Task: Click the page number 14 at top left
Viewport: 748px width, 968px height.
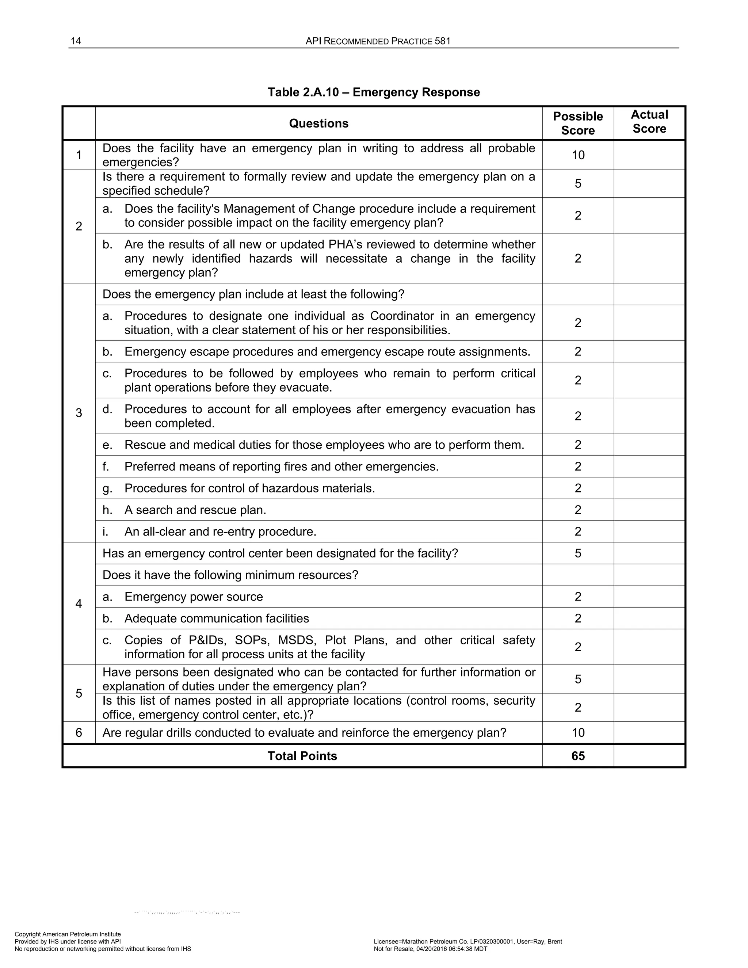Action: [x=76, y=41]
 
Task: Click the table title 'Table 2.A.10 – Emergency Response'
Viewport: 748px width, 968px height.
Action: [x=374, y=92]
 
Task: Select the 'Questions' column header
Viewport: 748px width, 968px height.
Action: [x=318, y=123]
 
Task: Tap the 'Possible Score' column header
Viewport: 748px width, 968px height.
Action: [x=578, y=123]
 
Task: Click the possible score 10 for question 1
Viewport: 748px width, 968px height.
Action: [x=578, y=155]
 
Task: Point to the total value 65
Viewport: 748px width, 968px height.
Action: [x=578, y=756]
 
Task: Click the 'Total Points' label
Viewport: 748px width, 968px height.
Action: [x=302, y=756]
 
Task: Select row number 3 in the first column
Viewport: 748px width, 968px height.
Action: [x=79, y=413]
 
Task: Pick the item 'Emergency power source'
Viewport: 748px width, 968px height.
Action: [x=194, y=597]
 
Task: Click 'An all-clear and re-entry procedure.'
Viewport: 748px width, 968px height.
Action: [x=220, y=531]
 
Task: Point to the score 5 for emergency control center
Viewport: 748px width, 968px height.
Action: [x=578, y=553]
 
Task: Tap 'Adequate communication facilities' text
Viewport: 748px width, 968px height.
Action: [x=217, y=618]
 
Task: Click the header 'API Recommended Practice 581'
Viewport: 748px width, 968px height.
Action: [x=378, y=41]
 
